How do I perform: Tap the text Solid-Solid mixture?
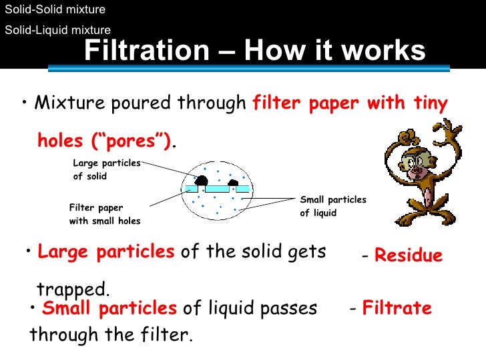pos(55,10)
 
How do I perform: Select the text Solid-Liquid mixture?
pos(57,29)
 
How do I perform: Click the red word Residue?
pos(409,256)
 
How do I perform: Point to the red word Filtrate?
pos(397,309)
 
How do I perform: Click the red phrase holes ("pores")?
pos(104,141)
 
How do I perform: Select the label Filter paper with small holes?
pos(104,214)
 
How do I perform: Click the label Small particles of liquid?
pos(332,206)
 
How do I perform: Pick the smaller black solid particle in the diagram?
pos(233,182)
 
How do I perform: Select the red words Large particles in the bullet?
pos(106,252)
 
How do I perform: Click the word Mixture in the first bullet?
pos(67,103)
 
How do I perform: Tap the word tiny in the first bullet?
pos(429,103)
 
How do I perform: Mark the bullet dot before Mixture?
pos(24,103)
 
